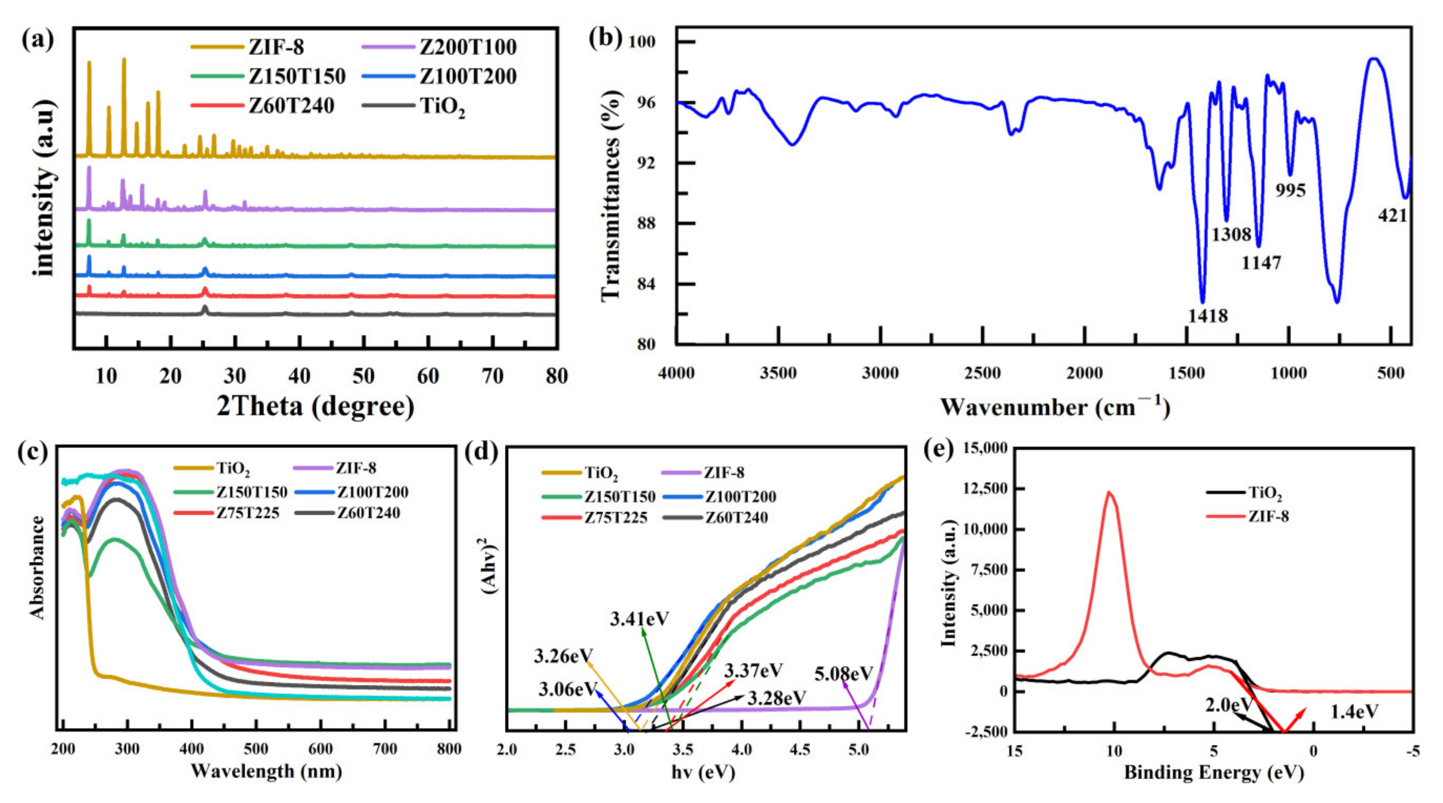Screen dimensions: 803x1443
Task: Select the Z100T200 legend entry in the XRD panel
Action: [468, 76]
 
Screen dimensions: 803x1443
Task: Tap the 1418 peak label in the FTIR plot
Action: [1208, 316]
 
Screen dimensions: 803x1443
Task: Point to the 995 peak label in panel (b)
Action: [1290, 191]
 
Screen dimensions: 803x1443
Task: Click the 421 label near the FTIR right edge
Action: [1393, 215]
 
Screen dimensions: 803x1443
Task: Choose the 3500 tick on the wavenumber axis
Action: [778, 373]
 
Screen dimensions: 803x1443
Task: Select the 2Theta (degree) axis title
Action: [315, 406]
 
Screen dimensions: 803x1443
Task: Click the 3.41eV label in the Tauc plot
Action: [640, 619]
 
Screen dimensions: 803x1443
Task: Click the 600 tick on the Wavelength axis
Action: [320, 749]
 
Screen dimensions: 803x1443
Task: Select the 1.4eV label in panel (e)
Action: [1354, 712]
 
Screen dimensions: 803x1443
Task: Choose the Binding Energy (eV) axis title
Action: [1214, 773]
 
